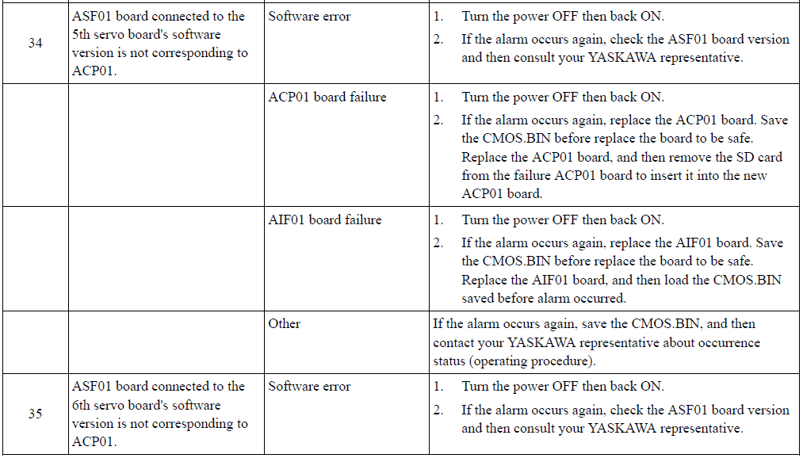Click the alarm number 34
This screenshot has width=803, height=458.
[36, 43]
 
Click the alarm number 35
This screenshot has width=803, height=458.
[36, 414]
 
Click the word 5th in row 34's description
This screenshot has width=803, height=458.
[81, 35]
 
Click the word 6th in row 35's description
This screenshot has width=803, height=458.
[81, 405]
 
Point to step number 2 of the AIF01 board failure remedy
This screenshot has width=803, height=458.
[438, 243]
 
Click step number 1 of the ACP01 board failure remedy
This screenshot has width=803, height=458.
[438, 97]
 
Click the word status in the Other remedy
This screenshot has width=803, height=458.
[449, 361]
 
